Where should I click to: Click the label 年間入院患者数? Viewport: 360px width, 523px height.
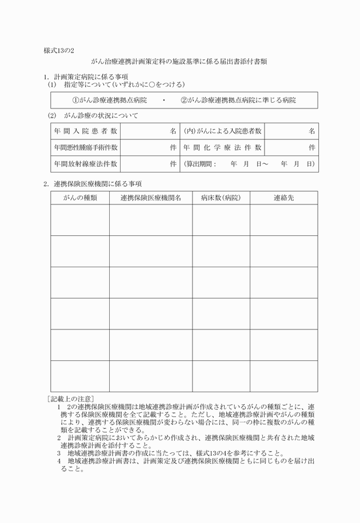pyautogui.click(x=86, y=131)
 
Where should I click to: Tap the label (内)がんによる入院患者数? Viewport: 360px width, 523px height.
pyautogui.click(x=222, y=131)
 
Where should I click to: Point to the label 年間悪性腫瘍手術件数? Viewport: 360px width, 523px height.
pyautogui.click(x=86, y=147)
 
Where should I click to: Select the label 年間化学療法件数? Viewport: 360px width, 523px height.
pyautogui.click(x=222, y=147)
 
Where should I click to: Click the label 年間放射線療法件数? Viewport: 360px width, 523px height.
pyautogui.click(x=86, y=164)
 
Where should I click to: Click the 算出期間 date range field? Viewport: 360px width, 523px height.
pyautogui.click(x=249, y=164)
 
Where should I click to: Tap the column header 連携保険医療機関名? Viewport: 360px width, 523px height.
pyautogui.click(x=151, y=198)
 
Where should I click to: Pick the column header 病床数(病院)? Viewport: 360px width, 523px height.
pyautogui.click(x=221, y=198)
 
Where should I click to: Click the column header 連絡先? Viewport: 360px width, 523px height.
pyautogui.click(x=283, y=198)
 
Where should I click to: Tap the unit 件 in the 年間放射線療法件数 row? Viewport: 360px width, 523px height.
pyautogui.click(x=173, y=164)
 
